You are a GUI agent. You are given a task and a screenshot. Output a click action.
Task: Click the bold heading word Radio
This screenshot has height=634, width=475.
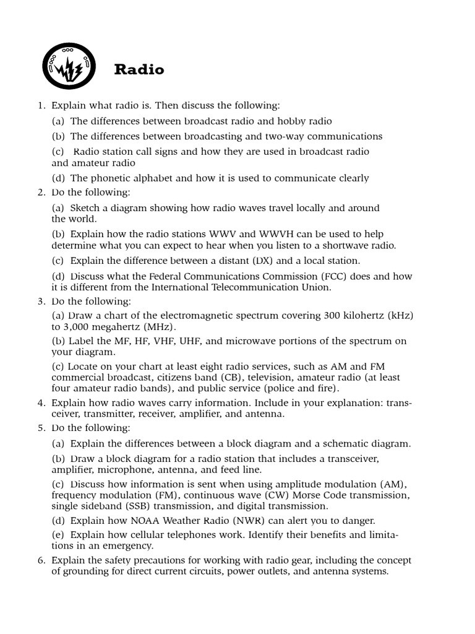tap(139, 70)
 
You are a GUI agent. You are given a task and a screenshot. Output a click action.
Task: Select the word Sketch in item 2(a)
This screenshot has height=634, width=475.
tap(85, 207)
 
